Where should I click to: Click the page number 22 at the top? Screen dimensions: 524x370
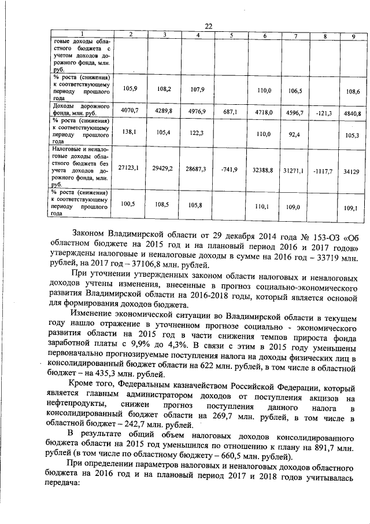click(x=209, y=25)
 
